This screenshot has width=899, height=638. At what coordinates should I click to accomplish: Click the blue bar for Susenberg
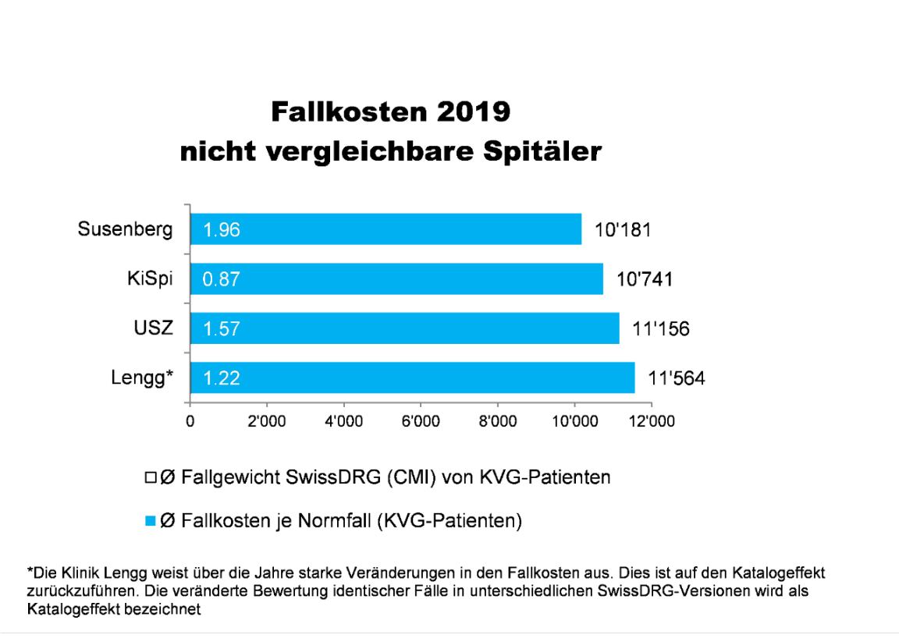pos(386,229)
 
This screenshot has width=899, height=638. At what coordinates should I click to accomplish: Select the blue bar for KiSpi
pos(396,278)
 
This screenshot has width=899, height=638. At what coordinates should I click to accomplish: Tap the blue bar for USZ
pos(404,328)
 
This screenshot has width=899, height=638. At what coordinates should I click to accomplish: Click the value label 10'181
pos(622,229)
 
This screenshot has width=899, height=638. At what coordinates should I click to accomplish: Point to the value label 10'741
pos(644,279)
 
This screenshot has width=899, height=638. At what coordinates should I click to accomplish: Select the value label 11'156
pos(661,329)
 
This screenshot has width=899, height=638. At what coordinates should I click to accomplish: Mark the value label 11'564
pos(676,379)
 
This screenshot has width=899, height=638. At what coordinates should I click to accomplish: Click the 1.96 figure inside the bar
pos(222,230)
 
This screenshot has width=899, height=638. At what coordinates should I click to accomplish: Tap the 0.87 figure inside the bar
pos(222,279)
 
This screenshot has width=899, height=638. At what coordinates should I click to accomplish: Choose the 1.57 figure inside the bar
pos(222,329)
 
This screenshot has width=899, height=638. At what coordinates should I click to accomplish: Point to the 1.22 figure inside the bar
pos(222,379)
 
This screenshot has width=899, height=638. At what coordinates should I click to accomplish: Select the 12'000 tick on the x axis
pos(651,422)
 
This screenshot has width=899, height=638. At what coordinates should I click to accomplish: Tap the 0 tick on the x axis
pos(190,422)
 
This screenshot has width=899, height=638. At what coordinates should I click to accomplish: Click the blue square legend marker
pos(151,520)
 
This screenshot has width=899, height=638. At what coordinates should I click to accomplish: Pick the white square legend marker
pos(151,477)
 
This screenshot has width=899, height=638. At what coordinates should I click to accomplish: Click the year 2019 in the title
pos(471,112)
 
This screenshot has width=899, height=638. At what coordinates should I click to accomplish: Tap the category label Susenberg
pos(125,229)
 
